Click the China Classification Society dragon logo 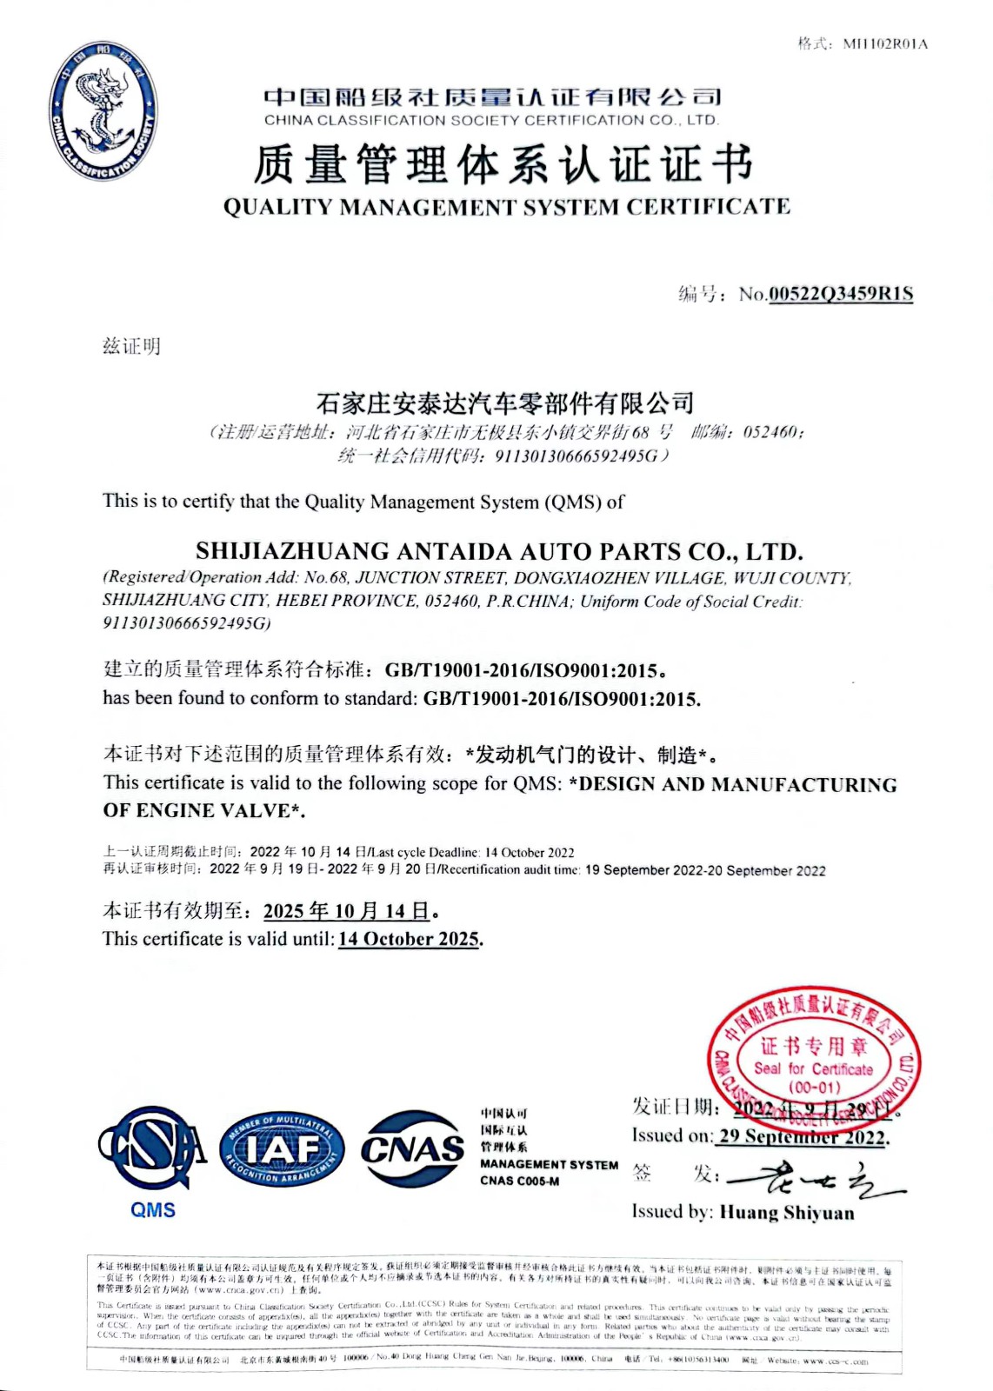click(x=103, y=111)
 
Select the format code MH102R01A click(x=885, y=43)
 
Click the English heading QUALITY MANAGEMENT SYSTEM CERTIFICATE click(x=506, y=207)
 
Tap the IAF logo click(x=282, y=1148)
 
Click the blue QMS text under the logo click(x=153, y=1209)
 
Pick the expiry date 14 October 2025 click(x=409, y=939)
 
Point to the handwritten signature click(x=814, y=1178)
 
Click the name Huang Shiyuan click(x=786, y=1213)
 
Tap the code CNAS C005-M click(x=519, y=1181)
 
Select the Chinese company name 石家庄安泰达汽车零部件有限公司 click(x=505, y=403)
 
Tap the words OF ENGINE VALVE click(x=203, y=810)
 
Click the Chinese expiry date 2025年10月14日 click(x=347, y=911)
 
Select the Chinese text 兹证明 click(x=131, y=346)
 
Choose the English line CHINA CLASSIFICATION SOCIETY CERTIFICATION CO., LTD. click(x=491, y=120)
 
